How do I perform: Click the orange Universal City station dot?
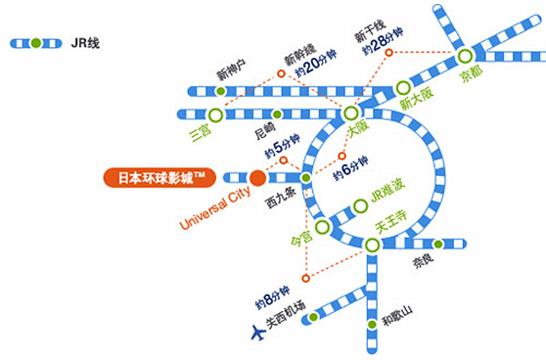click(x=258, y=177)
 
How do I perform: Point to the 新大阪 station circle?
click(x=403, y=87)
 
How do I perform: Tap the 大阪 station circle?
click(x=350, y=114)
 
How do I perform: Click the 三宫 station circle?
click(x=216, y=114)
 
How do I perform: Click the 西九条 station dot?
click(x=306, y=177)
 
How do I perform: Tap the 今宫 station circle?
click(x=322, y=226)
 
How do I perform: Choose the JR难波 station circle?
click(x=359, y=207)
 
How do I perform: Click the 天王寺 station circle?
click(x=371, y=245)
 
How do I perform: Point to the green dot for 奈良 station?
click(x=437, y=244)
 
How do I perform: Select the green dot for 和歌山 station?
click(x=371, y=325)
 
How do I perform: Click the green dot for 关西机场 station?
click(x=313, y=317)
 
